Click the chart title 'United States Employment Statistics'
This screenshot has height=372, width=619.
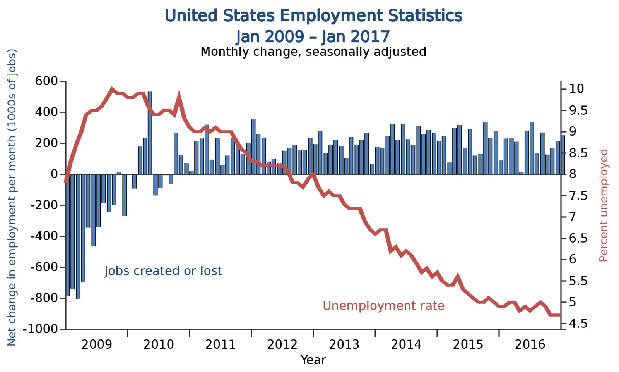click(313, 16)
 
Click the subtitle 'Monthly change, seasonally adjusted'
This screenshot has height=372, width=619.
click(313, 52)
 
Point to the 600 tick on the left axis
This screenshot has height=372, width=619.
click(46, 81)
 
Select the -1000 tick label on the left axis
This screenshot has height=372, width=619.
click(41, 329)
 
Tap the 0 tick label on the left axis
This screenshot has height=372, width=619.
click(54, 174)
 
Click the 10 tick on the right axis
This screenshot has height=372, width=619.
click(576, 89)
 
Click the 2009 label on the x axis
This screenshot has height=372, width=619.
click(97, 344)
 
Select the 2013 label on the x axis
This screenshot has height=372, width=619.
click(344, 344)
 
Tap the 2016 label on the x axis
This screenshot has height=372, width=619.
click(530, 344)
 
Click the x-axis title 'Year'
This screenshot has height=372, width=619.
click(313, 360)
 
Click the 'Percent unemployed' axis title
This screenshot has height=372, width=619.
click(604, 205)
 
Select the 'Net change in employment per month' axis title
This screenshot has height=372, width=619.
click(12, 198)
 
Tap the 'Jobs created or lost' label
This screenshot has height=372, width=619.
click(163, 271)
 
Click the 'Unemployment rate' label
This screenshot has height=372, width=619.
click(384, 306)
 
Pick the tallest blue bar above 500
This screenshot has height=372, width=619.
click(150, 132)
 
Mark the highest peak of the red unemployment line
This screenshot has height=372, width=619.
click(112, 89)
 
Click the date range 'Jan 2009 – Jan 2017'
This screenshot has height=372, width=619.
click(313, 36)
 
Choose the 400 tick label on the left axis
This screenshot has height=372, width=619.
click(46, 112)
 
